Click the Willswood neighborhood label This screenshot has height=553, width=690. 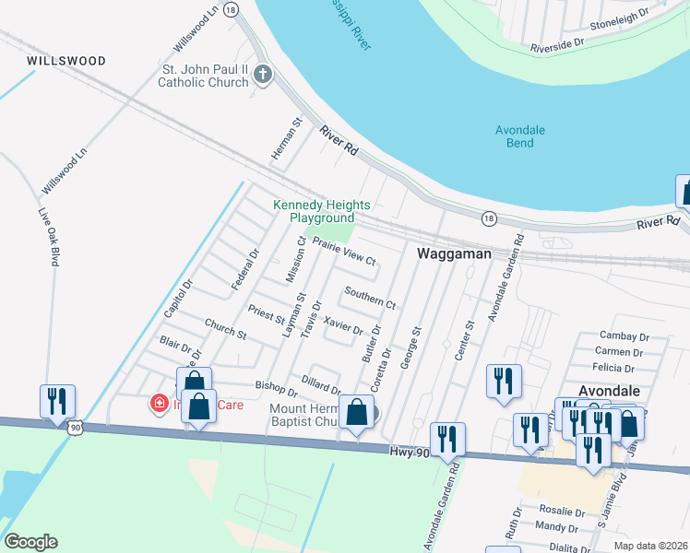click(66, 61)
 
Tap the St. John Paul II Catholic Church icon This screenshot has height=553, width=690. click(263, 75)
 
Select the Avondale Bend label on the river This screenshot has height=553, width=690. click(520, 136)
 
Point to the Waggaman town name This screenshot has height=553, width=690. click(452, 253)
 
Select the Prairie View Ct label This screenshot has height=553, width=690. click(344, 251)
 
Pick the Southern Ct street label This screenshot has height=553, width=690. click(369, 297)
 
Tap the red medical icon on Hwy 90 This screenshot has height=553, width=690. click(159, 403)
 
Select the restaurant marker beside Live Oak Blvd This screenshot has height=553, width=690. click(57, 402)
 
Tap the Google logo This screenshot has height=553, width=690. click(30, 542)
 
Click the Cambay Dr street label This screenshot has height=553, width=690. click(619, 335)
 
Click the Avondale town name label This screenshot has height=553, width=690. click(608, 391)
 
